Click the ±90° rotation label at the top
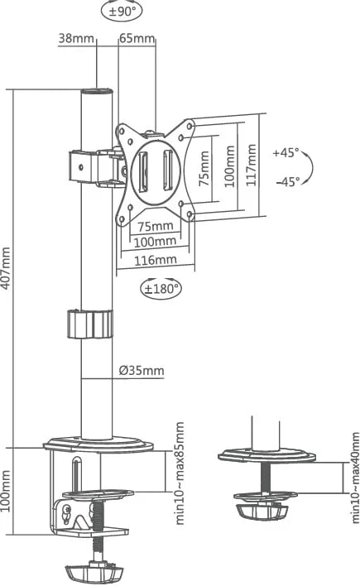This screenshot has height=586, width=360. click(x=122, y=12)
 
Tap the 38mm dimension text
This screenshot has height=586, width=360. click(x=76, y=38)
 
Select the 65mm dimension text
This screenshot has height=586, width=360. click(x=137, y=38)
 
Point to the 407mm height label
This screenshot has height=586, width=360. click(x=6, y=267)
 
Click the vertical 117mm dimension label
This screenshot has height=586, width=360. click(x=252, y=165)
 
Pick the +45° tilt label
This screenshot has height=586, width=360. click(x=286, y=152)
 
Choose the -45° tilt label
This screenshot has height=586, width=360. click(x=288, y=181)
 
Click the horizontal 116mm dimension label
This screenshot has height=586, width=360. click(x=155, y=260)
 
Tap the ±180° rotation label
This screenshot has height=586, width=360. click(x=161, y=289)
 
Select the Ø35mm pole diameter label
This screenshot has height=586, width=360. click(x=142, y=370)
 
